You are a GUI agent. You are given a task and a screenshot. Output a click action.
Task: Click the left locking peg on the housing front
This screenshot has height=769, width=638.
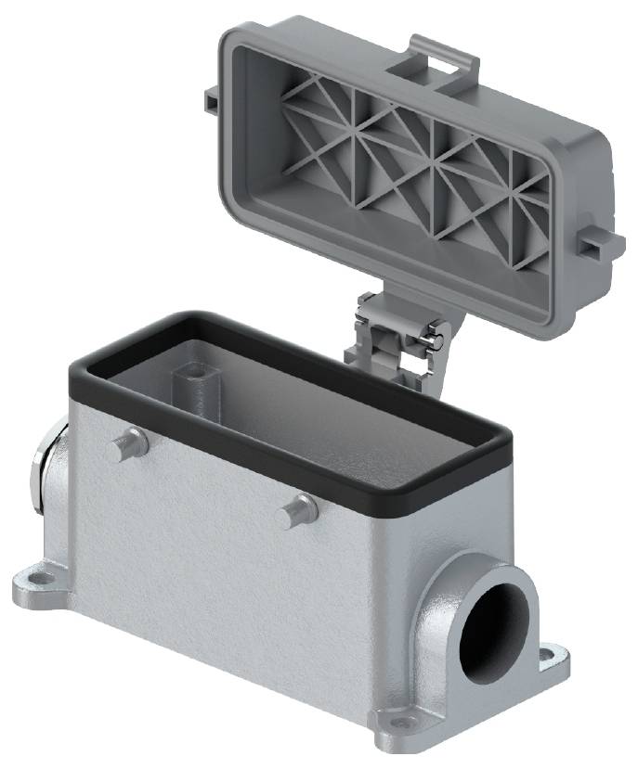(124, 447)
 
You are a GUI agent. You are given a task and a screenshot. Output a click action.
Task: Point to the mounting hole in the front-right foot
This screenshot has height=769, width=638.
(399, 722)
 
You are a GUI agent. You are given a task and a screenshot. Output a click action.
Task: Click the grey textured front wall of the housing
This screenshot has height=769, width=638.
(232, 575)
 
